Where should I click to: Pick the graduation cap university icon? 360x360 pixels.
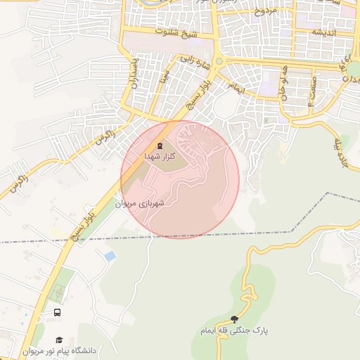[58, 340]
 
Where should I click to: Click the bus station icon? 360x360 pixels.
[57, 312]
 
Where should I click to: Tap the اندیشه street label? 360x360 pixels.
[324, 33]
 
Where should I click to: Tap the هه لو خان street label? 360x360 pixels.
[285, 84]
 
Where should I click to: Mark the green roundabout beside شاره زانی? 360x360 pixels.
[219, 62]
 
